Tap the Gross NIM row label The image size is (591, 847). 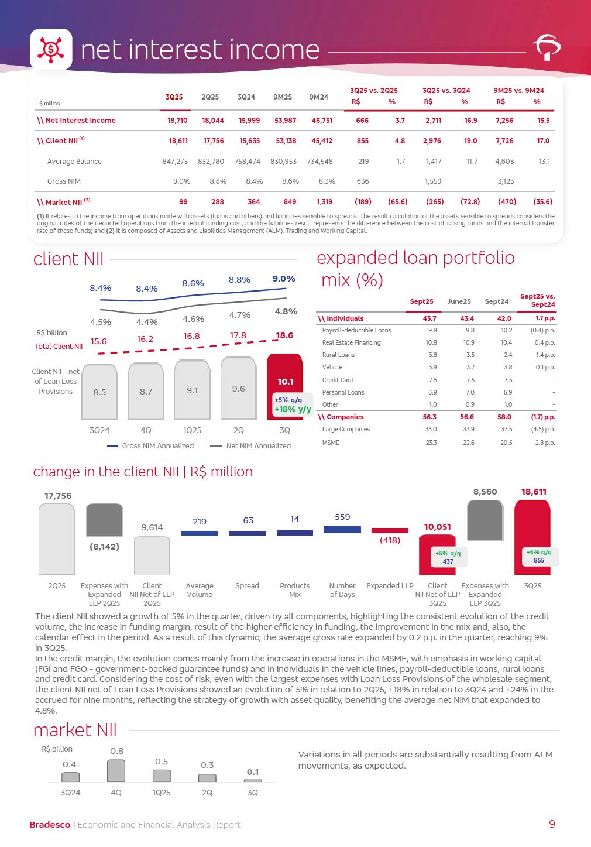(64, 181)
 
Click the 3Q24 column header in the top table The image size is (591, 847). (246, 97)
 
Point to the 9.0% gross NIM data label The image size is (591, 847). (284, 279)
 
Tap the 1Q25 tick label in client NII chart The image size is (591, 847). (192, 430)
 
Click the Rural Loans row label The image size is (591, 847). (338, 355)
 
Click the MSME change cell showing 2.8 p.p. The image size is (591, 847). (545, 443)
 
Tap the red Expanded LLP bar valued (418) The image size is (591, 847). (390, 531)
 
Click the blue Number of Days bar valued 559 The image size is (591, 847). (342, 529)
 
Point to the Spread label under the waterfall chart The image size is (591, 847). (247, 586)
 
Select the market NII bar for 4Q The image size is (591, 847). (116, 771)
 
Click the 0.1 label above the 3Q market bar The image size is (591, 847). (253, 772)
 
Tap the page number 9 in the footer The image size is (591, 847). (552, 824)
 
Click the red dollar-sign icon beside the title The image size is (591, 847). (51, 49)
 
